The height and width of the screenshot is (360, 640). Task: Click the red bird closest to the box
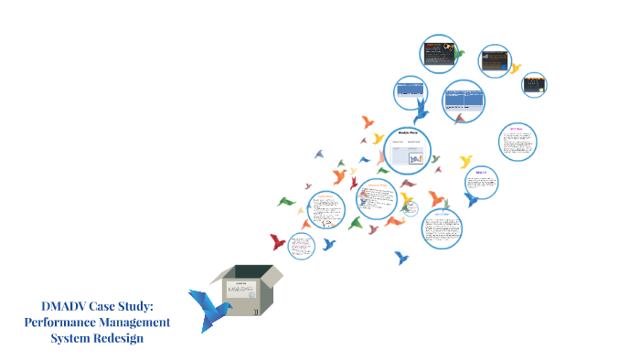(x=277, y=242)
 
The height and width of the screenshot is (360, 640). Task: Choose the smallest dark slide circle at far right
(x=534, y=85)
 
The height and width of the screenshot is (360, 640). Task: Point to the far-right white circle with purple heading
(x=517, y=143)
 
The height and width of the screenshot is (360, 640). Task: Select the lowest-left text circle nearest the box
(x=302, y=246)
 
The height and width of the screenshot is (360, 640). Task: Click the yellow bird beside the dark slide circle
(x=515, y=68)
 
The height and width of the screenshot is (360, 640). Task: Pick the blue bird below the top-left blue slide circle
(x=421, y=111)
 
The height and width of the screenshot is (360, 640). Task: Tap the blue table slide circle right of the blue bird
(x=464, y=101)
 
